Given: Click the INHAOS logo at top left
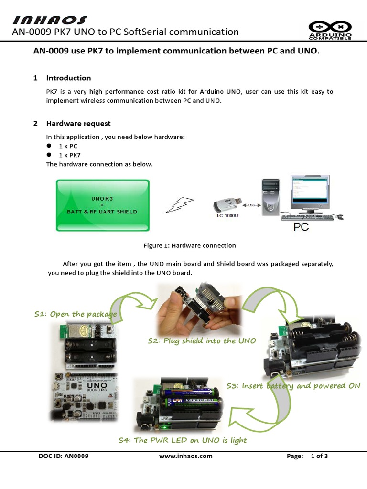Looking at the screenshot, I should (x=50, y=20).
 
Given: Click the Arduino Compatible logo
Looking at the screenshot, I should (x=330, y=30).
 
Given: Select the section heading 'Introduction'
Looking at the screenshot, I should (x=68, y=78).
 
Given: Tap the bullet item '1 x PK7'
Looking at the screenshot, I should (x=70, y=155).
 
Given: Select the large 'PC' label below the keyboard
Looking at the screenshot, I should (x=301, y=227).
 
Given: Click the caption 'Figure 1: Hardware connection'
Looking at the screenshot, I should (x=190, y=245).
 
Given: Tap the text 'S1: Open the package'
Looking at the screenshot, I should (x=76, y=314).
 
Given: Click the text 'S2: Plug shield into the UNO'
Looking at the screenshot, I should (x=202, y=341).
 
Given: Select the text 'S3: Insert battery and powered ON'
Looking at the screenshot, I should (x=293, y=386).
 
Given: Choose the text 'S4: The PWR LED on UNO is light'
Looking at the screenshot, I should (x=183, y=440).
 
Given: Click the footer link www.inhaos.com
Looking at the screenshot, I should (x=185, y=456).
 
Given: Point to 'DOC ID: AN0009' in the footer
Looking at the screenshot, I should (x=64, y=456).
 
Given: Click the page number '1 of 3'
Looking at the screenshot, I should (x=319, y=456).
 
